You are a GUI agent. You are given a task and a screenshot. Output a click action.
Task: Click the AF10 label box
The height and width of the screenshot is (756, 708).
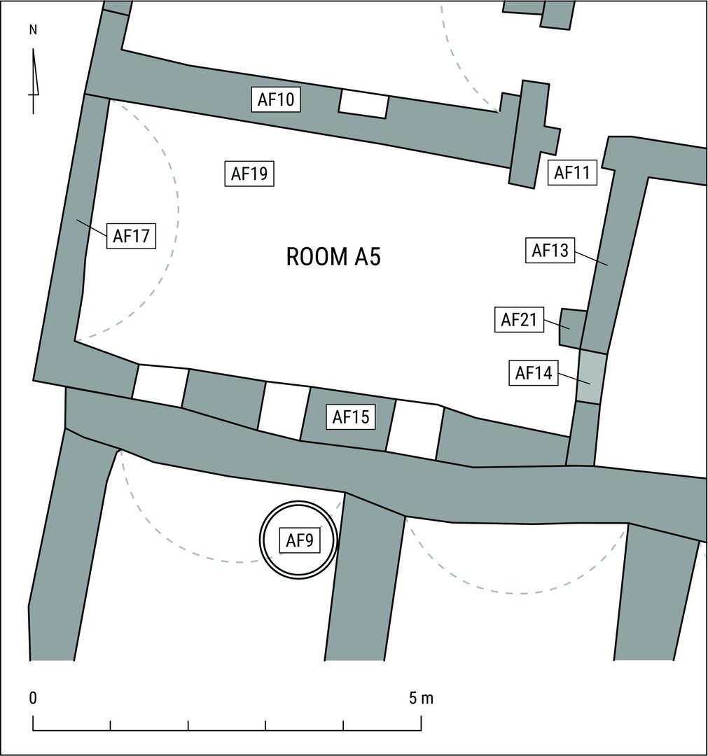[276, 99]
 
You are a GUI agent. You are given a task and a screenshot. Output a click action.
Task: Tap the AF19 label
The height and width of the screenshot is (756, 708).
[249, 174]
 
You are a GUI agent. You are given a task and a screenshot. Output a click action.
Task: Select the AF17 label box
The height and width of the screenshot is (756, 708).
[131, 237]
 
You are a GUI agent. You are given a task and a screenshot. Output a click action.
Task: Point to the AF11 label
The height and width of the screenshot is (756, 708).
[572, 172]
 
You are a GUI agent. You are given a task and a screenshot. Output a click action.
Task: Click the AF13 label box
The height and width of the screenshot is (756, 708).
[550, 250]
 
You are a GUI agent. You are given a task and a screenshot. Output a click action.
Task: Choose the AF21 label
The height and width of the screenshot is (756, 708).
[519, 319]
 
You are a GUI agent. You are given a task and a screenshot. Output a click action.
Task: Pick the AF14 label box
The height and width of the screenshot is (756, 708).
[534, 372]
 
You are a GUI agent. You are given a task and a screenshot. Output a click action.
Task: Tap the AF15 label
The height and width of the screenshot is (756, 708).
[351, 416]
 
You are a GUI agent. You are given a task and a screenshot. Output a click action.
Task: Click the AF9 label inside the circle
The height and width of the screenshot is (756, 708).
[300, 540]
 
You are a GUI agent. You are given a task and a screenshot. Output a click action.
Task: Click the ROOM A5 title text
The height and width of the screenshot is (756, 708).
[333, 256]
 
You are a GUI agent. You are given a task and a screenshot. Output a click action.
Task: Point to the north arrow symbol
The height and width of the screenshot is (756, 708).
[34, 81]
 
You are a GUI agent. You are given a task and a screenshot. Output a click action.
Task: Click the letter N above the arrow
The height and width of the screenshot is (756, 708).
[34, 30]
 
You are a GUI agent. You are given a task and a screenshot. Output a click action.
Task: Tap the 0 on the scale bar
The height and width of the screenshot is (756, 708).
[33, 698]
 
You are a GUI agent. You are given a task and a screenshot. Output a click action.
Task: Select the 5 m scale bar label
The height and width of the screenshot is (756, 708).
[421, 698]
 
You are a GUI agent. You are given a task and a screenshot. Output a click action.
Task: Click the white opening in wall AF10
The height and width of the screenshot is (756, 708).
[363, 104]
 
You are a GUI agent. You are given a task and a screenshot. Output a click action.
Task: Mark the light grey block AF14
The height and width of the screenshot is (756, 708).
[591, 377]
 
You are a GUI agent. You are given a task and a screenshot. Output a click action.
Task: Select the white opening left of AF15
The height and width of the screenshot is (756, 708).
[284, 412]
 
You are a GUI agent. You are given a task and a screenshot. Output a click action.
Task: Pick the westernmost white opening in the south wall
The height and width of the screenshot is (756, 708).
[160, 386]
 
